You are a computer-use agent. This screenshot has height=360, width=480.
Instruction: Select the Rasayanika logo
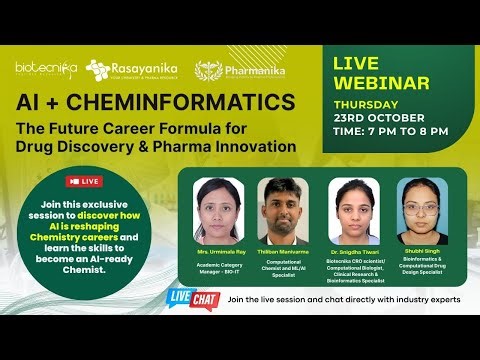click(131, 69)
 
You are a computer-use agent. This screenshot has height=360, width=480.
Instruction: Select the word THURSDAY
click(365, 102)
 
